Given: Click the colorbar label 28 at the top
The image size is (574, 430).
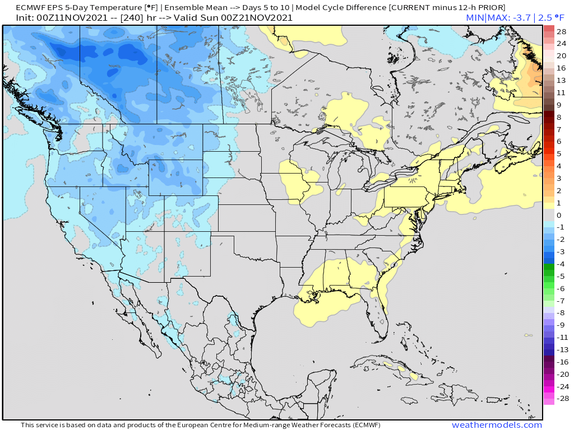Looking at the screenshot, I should point(561,31).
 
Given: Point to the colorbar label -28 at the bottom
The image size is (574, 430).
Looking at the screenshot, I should point(561,399).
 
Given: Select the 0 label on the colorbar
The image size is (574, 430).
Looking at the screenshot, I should point(558,215).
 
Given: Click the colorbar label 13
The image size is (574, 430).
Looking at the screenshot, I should point(561,80).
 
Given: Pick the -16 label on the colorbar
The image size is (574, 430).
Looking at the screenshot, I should point(561,362).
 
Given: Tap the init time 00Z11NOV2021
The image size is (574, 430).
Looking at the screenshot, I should point(68,18).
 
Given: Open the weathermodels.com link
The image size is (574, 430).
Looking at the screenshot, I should point(497,425).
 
